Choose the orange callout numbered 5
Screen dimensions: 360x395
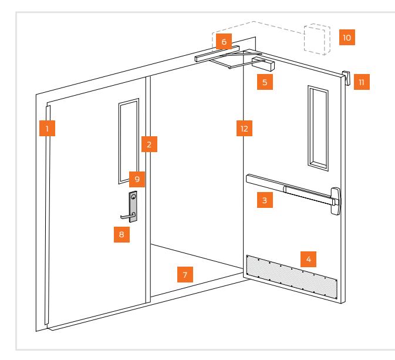[265, 82]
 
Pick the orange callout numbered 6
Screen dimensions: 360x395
[222, 42]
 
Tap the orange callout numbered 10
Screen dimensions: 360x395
[347, 37]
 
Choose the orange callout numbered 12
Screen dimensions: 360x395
[242, 127]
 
